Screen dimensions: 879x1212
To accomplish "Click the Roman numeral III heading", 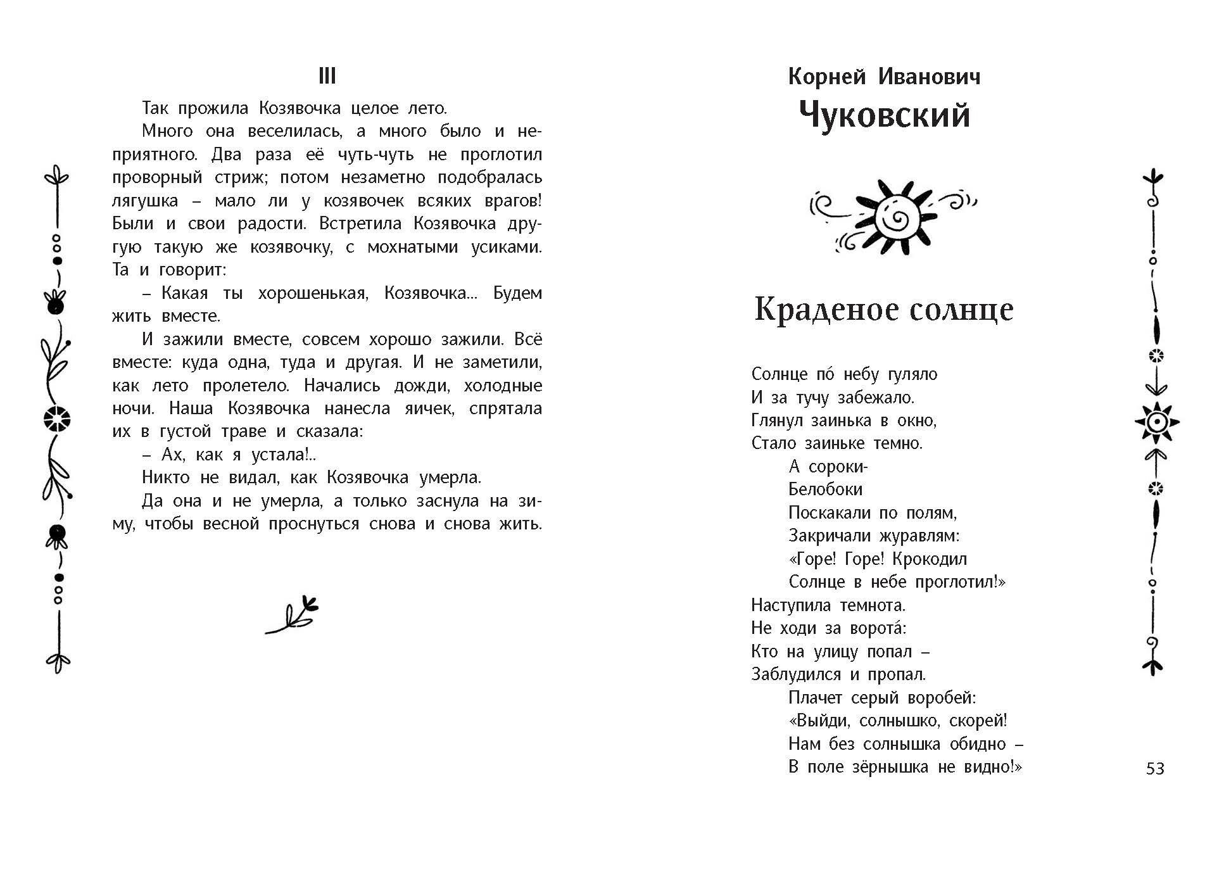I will (x=327, y=77).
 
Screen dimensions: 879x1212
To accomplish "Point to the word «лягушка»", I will (x=144, y=201).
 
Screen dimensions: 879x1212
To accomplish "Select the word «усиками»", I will (x=507, y=247).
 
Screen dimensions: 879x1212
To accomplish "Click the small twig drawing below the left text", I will (x=292, y=615).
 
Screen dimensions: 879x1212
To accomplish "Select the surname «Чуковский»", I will (x=884, y=116).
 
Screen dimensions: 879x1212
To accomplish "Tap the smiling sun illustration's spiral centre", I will (x=895, y=218).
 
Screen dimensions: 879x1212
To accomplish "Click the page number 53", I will (x=1155, y=768).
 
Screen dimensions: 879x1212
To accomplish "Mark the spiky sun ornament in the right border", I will (x=1156, y=422).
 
